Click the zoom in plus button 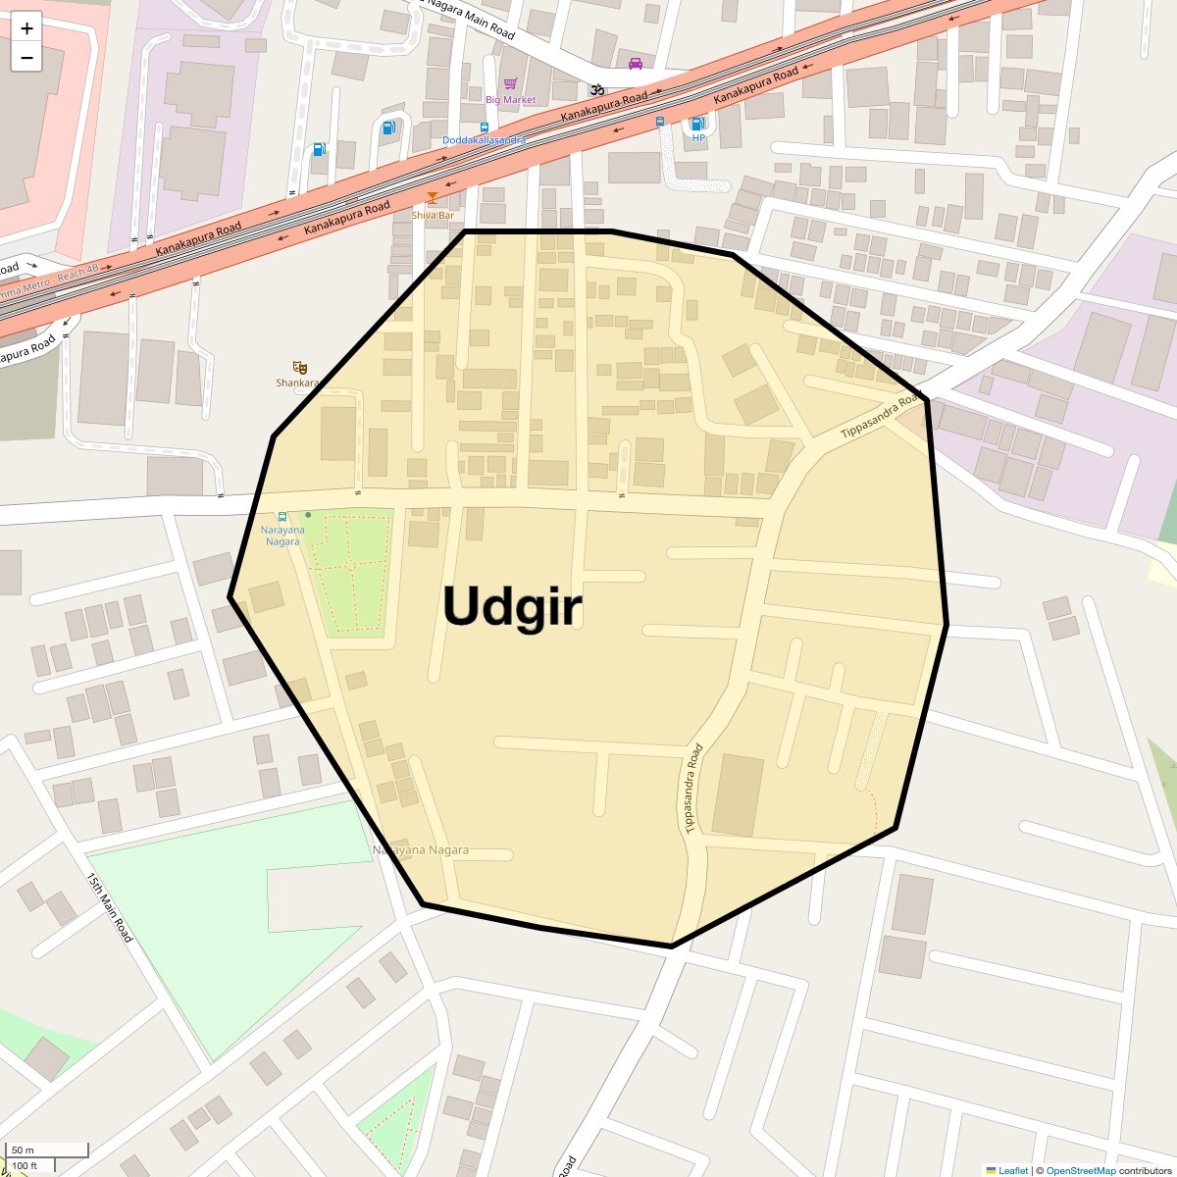[26, 28]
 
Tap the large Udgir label [512, 606]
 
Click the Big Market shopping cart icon [510, 84]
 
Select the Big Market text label [511, 100]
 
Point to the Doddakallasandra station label [484, 140]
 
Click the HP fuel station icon [697, 123]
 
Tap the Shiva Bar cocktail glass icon [432, 199]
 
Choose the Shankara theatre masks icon [299, 367]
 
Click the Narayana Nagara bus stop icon [282, 516]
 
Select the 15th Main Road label [109, 907]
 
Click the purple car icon [636, 64]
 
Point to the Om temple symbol [594, 89]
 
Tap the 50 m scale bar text [24, 1150]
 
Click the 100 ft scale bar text [26, 1165]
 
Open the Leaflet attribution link [1012, 1170]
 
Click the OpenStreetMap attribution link [1080, 1170]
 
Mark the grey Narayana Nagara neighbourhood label [421, 850]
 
